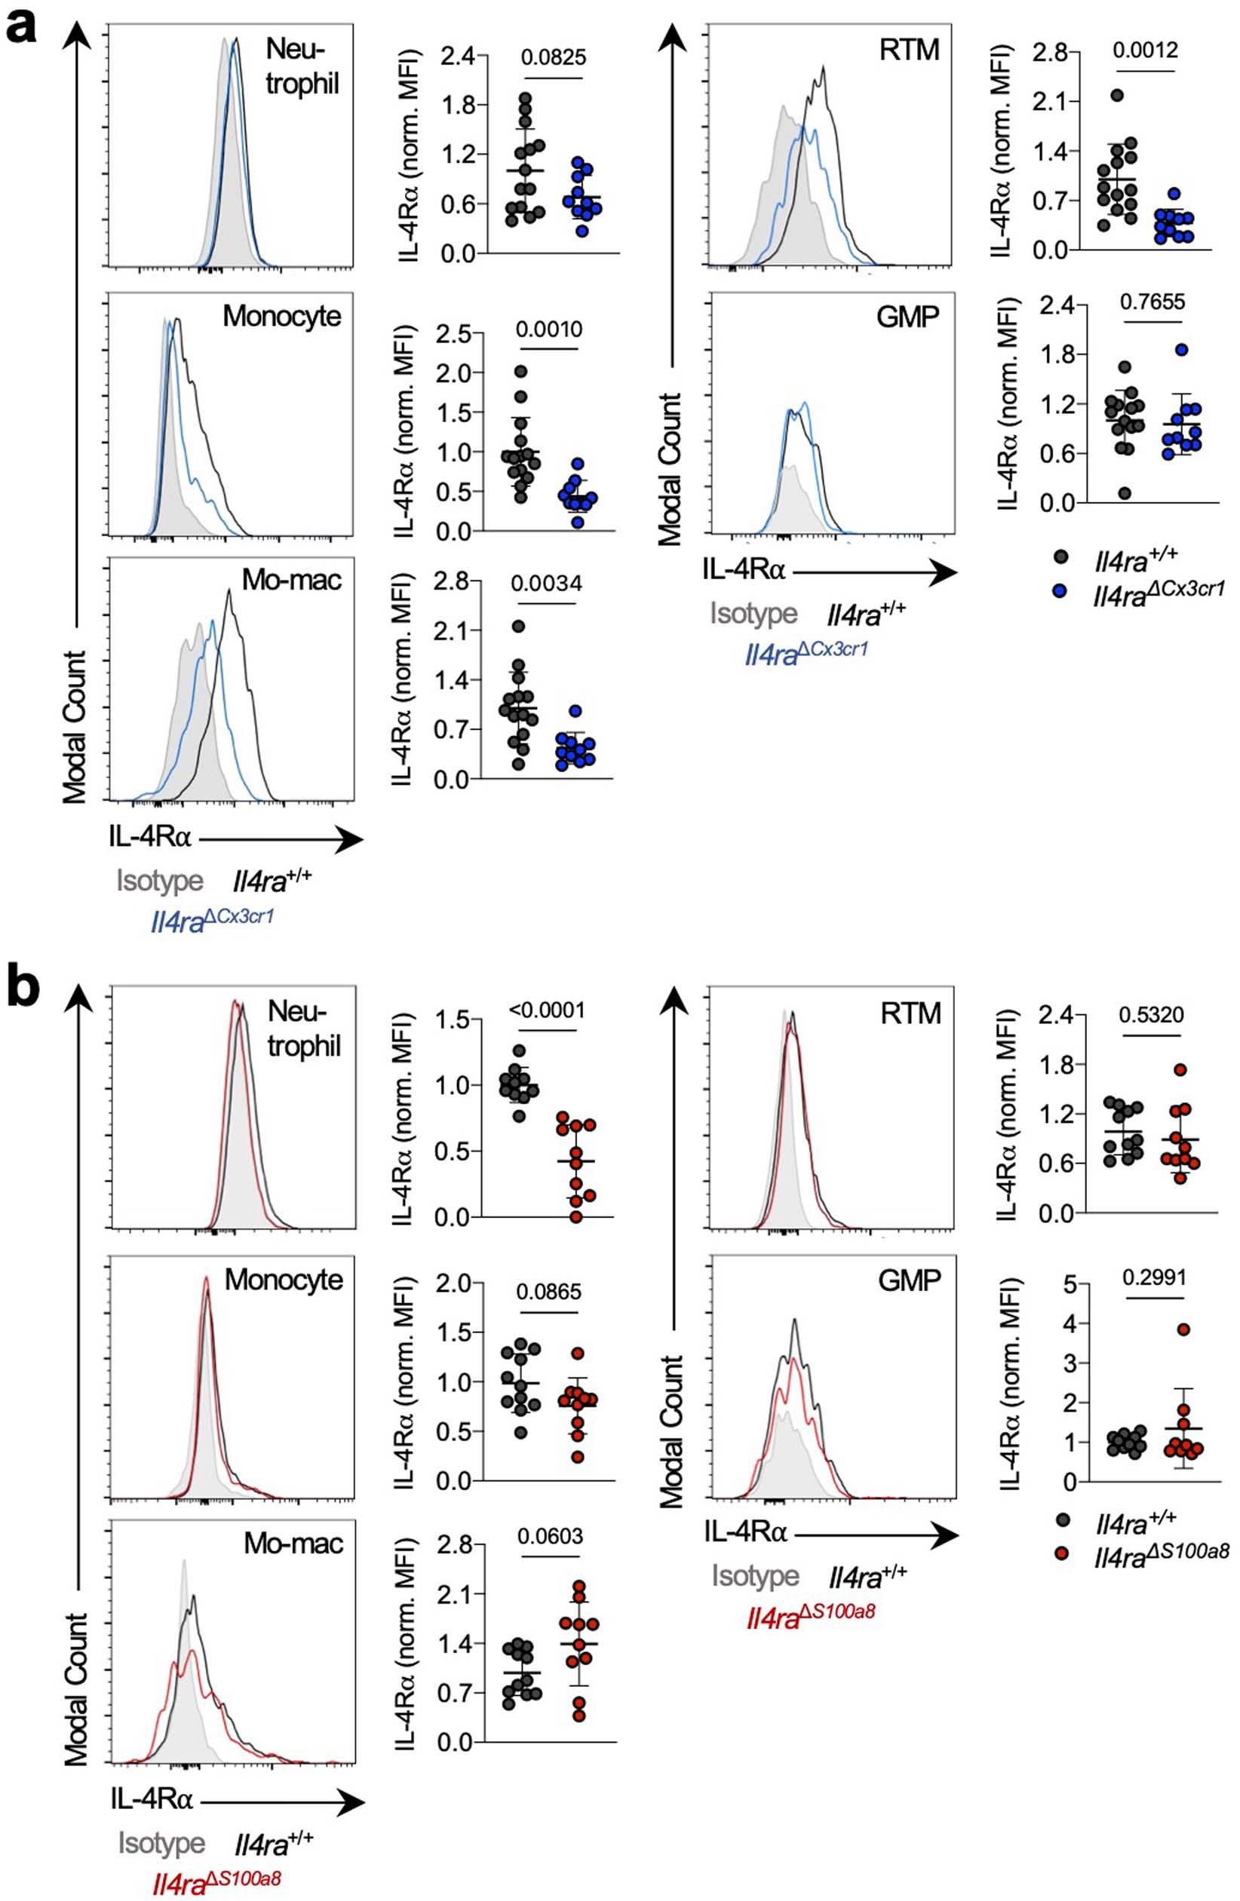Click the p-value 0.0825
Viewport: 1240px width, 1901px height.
553,57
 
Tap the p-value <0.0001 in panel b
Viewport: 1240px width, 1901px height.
548,1010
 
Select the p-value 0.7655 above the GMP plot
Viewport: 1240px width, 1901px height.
1152,302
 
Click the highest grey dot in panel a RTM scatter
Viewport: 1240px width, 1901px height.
1117,95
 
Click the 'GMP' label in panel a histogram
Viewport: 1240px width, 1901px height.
907,317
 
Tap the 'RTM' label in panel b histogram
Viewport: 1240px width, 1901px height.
910,1013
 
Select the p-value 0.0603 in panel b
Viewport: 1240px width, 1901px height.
550,1535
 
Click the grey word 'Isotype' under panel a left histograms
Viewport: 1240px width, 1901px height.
160,881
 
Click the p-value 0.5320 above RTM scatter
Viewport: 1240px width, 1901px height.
1151,1014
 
